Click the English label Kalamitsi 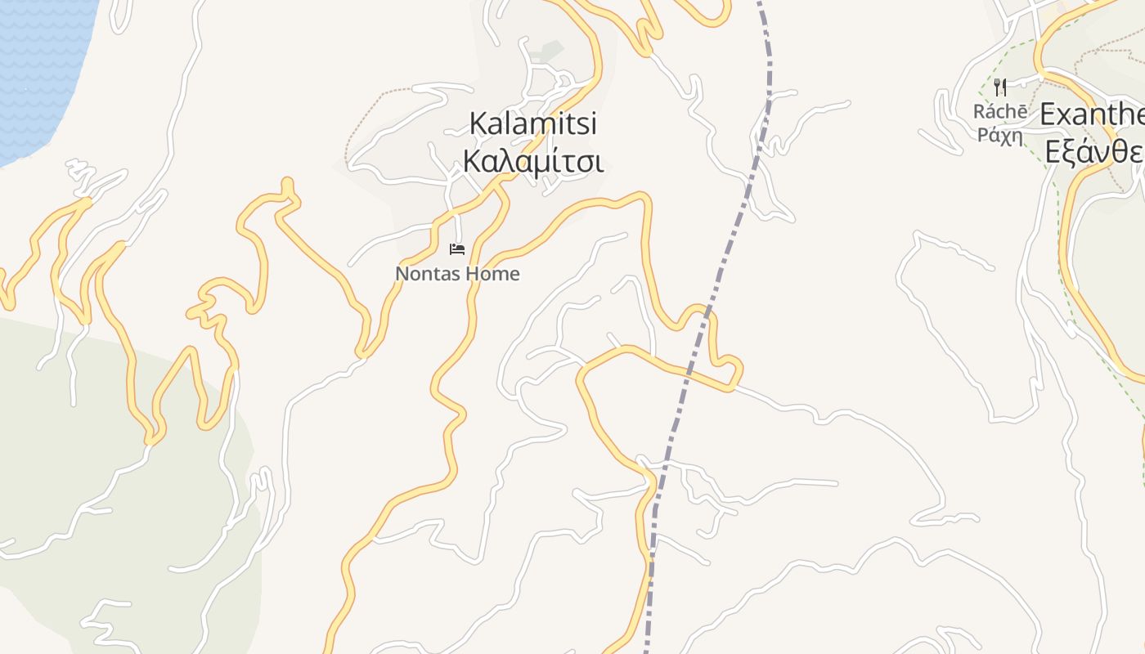tap(533, 124)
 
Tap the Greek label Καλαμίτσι tap(533, 161)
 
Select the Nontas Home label tap(457, 274)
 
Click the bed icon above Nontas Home tap(457, 249)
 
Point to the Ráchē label tap(1000, 111)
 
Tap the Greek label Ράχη tap(1000, 135)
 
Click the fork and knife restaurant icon tap(999, 87)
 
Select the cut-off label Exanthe tap(1092, 115)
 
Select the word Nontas tap(422, 274)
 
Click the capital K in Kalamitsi tap(478, 124)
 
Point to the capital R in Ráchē tap(979, 111)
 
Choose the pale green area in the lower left tap(98, 458)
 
